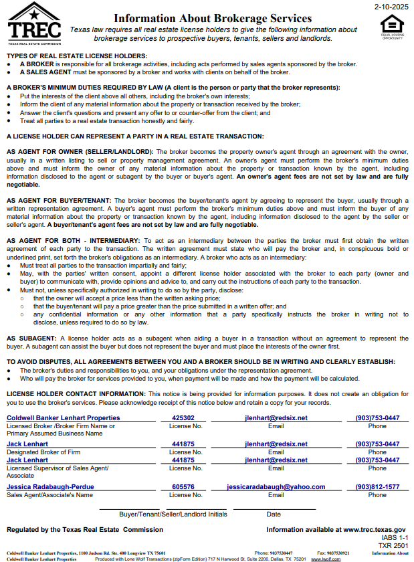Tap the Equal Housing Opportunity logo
tap(392, 28)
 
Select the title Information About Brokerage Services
tap(213, 19)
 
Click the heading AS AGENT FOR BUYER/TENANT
tap(59, 200)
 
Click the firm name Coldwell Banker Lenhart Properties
tap(63, 417)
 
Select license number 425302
tap(183, 417)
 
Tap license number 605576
tap(183, 486)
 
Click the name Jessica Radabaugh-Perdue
tap(50, 486)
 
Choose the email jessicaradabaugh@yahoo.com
tap(276, 486)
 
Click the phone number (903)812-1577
tap(377, 486)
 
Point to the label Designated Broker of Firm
tap(43, 452)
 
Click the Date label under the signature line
tap(274, 514)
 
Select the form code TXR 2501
tap(393, 545)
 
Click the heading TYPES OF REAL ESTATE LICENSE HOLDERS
tap(77, 56)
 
